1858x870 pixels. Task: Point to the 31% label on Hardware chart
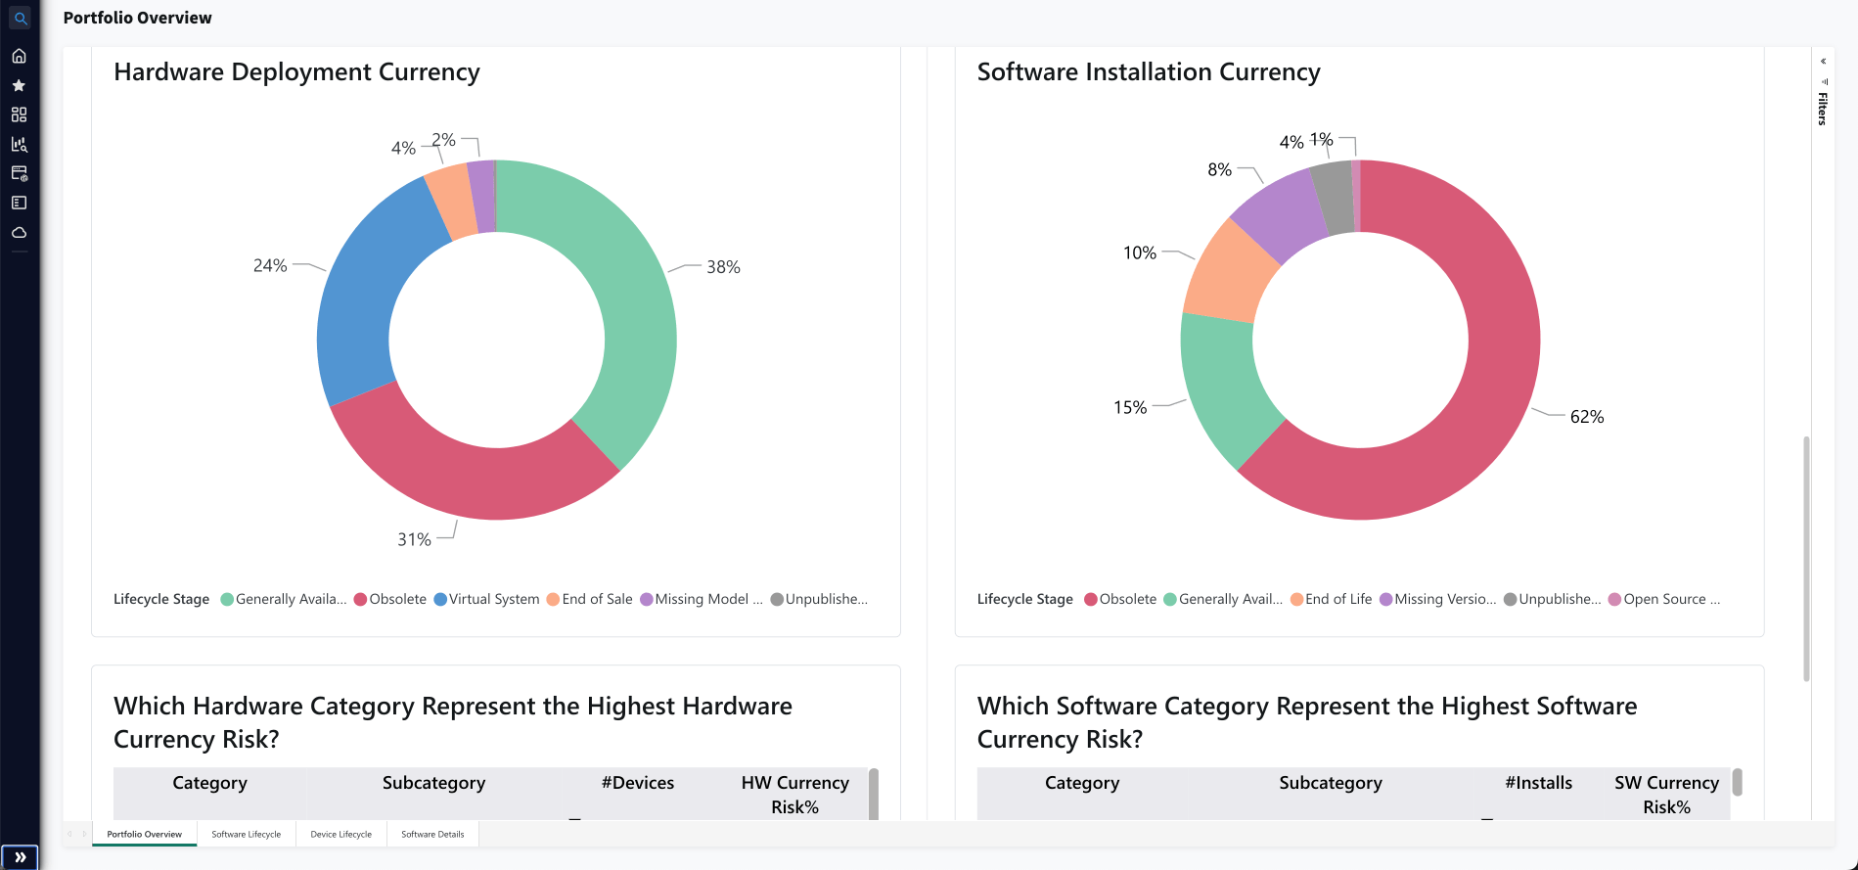click(x=414, y=539)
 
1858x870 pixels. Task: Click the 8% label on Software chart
click(x=1219, y=169)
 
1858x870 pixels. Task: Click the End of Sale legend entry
click(x=590, y=599)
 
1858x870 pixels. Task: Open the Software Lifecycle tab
click(x=246, y=834)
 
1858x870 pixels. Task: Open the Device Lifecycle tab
click(x=340, y=834)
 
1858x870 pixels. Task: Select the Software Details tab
click(x=432, y=834)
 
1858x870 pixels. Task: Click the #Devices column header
click(x=637, y=783)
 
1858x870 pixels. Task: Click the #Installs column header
click(x=1538, y=783)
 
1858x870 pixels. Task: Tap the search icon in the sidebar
click(x=20, y=18)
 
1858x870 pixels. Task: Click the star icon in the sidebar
click(x=19, y=85)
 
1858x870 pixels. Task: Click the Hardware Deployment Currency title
click(x=296, y=71)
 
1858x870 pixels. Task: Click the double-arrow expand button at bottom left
click(x=20, y=857)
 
